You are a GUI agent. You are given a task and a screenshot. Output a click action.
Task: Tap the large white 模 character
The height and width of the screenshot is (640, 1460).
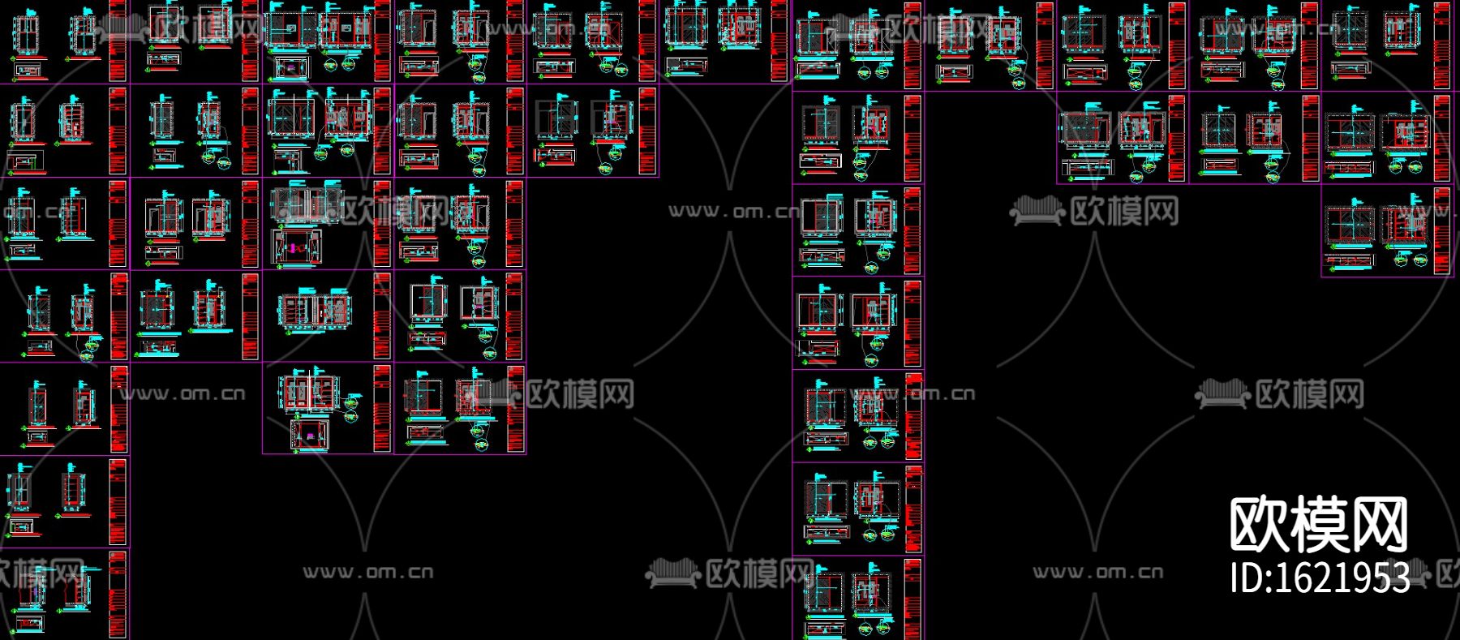[1319, 526]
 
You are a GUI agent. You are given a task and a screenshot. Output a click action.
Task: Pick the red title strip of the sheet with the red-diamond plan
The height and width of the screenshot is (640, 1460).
[382, 224]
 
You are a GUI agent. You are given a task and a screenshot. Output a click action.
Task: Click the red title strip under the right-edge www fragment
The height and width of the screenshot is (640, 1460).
[1443, 231]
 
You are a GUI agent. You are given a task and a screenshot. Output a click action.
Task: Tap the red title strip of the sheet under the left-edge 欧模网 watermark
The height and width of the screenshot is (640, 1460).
[118, 595]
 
